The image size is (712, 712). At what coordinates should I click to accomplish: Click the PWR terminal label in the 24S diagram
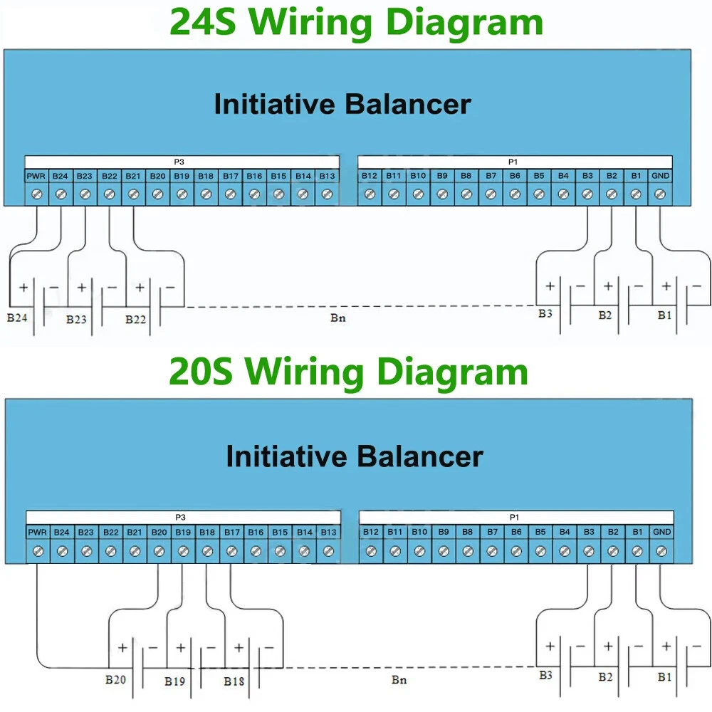click(x=36, y=176)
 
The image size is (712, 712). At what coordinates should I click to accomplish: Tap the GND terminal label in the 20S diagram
click(x=661, y=532)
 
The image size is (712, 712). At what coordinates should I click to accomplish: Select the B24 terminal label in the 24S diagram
click(x=61, y=176)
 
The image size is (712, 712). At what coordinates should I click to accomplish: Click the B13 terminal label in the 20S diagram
click(x=328, y=532)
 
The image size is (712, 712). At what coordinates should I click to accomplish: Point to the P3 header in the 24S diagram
click(x=179, y=162)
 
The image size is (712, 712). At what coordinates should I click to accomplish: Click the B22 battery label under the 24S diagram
click(x=135, y=319)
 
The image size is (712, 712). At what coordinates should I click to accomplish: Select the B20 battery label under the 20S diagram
click(x=115, y=679)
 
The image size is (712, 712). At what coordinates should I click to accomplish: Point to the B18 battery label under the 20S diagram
click(x=234, y=681)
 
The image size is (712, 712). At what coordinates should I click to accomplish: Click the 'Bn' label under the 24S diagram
click(x=338, y=318)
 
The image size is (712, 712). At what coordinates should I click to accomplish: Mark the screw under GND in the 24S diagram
click(x=660, y=193)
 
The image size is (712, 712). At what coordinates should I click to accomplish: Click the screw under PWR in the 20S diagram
click(x=38, y=550)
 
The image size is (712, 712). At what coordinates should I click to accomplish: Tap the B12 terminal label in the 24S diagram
click(x=369, y=176)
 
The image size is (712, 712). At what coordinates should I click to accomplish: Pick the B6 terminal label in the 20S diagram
click(x=515, y=532)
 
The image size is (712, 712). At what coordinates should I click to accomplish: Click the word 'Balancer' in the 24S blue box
click(x=408, y=105)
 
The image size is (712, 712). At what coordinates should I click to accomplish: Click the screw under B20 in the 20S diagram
click(x=159, y=550)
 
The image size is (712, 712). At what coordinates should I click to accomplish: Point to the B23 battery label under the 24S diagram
click(x=76, y=319)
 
